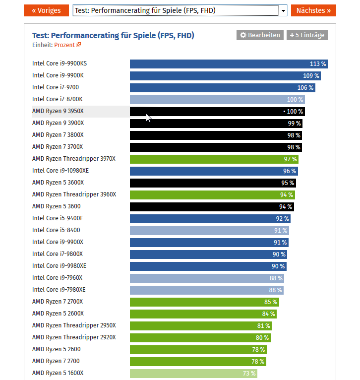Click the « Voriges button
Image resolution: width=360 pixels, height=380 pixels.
47,10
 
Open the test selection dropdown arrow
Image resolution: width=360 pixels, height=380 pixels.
283,10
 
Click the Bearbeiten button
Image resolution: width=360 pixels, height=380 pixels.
260,35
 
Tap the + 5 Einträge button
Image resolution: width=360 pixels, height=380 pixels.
307,35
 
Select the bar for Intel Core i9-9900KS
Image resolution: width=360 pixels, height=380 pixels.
229,64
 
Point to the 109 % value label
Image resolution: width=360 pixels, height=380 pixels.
311,76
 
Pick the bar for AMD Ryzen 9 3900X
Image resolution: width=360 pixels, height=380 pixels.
216,124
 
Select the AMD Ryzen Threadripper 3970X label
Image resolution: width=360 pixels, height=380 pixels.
74,159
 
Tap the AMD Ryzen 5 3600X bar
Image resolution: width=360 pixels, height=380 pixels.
213,183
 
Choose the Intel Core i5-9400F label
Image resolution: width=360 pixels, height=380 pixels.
57,219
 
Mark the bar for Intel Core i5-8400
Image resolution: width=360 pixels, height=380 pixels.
209,231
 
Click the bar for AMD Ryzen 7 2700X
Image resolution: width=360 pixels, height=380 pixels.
204,302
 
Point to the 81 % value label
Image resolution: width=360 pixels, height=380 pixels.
264,326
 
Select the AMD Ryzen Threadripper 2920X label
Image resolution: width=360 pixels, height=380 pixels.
74,338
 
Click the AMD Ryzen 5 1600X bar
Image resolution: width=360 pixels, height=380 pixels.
194,374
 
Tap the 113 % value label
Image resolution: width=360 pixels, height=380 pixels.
318,64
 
